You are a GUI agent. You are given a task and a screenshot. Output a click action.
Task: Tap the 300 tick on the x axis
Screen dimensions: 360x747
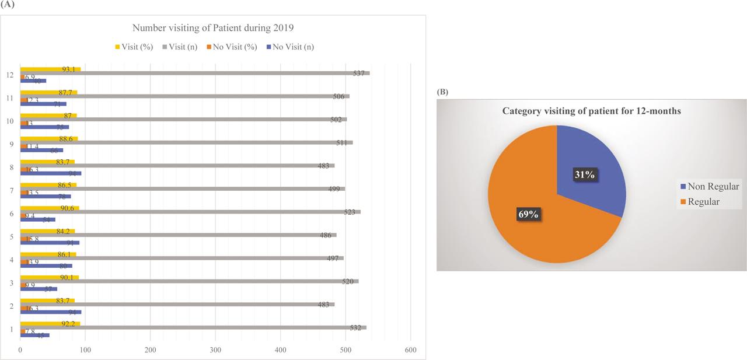click(215, 350)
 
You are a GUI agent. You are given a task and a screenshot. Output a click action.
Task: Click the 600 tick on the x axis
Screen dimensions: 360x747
click(410, 350)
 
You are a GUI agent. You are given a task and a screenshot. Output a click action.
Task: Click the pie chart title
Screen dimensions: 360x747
click(591, 111)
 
